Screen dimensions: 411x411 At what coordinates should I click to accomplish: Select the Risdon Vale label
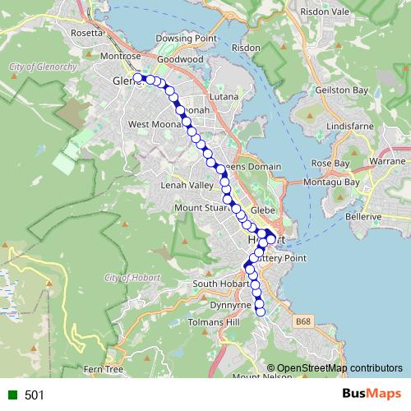click(326, 13)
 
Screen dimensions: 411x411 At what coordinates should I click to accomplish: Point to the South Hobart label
click(215, 284)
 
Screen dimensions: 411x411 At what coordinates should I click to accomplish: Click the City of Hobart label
click(133, 278)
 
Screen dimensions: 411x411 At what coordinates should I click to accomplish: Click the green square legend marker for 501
click(11, 395)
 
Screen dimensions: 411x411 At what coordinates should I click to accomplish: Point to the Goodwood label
click(180, 60)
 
